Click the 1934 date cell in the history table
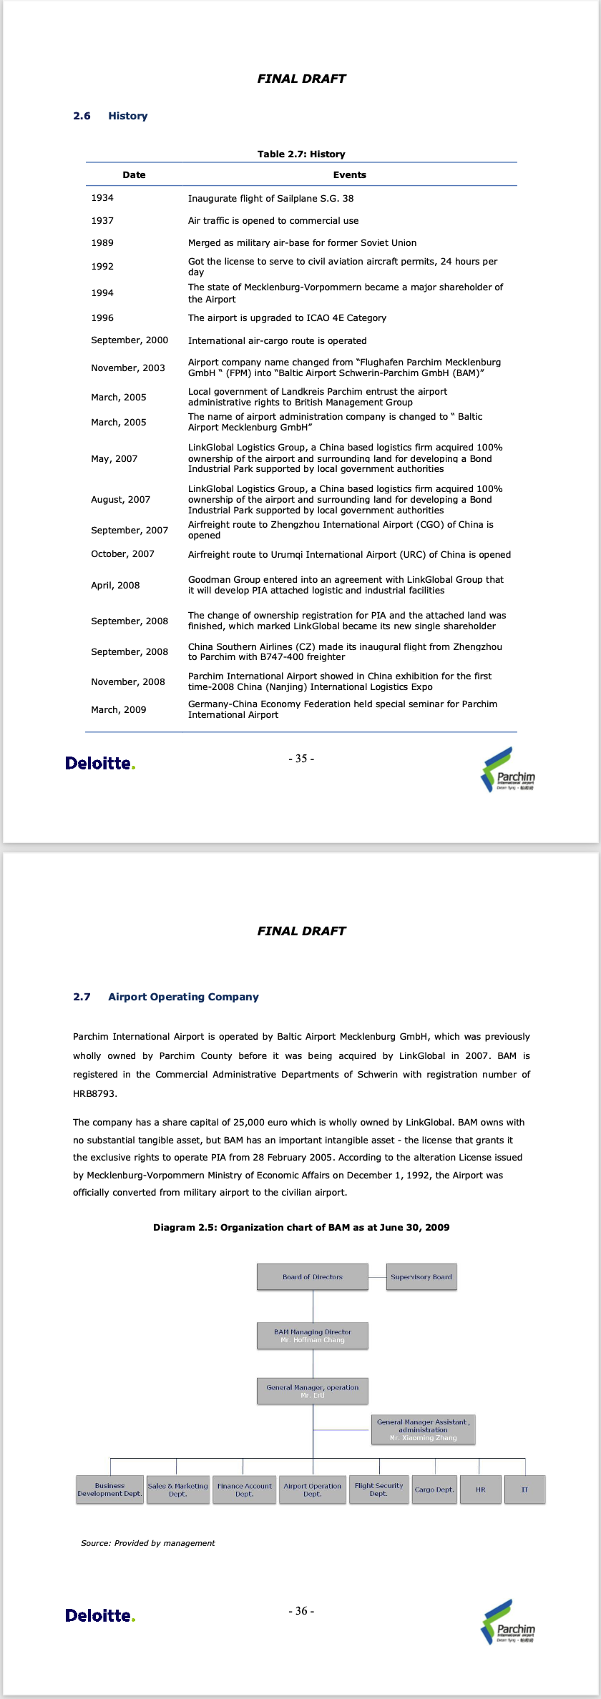click(102, 198)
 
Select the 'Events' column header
click(349, 175)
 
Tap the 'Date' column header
click(134, 175)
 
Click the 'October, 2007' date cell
click(122, 554)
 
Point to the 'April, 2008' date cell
click(115, 585)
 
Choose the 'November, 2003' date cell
click(128, 368)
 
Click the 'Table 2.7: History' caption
click(301, 154)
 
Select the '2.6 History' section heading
click(110, 116)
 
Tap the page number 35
click(301, 759)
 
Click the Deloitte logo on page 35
click(100, 764)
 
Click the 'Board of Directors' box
click(313, 1277)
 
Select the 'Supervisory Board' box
click(421, 1277)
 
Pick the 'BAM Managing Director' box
click(313, 1336)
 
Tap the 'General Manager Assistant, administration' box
click(423, 1430)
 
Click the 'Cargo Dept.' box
click(434, 1490)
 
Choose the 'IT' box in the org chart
click(524, 1490)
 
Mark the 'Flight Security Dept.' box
click(379, 1490)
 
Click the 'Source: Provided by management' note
click(148, 1543)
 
